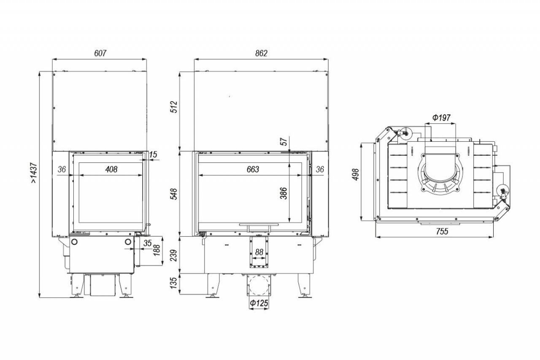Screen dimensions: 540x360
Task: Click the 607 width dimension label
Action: (x=100, y=53)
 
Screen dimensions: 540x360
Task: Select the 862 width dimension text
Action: (x=261, y=53)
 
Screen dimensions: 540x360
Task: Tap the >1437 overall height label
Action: (x=34, y=173)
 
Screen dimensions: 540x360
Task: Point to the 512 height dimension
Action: (x=173, y=107)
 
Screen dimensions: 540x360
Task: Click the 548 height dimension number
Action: (x=173, y=194)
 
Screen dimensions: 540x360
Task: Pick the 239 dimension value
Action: (x=173, y=255)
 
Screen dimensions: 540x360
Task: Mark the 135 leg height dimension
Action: (x=173, y=283)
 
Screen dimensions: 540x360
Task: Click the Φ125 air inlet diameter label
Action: (x=259, y=303)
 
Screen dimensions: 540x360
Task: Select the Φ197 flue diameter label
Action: (x=441, y=118)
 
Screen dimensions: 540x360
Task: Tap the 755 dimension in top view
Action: (x=442, y=231)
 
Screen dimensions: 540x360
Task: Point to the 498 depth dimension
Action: (x=356, y=174)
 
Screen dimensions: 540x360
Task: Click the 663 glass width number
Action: (x=253, y=170)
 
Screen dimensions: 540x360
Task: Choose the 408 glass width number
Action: (x=111, y=170)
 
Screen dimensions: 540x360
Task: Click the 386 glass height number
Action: (x=284, y=193)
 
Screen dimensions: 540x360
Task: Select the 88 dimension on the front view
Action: (x=259, y=252)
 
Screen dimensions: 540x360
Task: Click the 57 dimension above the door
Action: (x=284, y=141)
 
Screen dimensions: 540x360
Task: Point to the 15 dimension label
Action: (x=153, y=154)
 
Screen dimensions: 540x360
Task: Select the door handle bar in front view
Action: (x=259, y=225)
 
